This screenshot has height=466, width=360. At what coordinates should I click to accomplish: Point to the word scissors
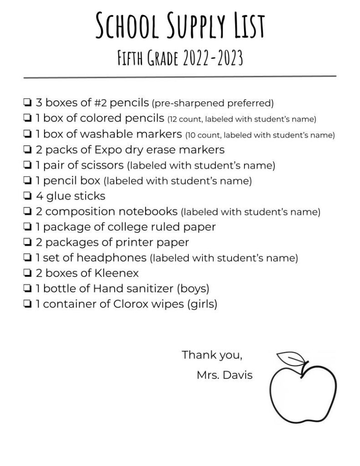102,165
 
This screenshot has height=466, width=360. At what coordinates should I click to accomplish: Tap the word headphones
112,258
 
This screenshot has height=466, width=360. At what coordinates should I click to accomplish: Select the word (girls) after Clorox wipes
202,304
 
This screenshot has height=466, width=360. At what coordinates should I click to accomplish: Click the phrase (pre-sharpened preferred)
212,103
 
